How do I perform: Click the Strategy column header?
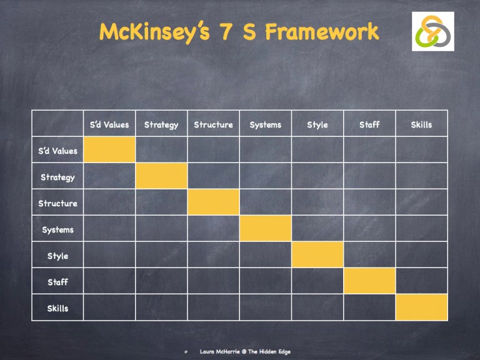(x=161, y=124)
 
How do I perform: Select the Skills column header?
(x=421, y=124)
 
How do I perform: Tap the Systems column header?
(x=265, y=124)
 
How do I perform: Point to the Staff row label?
(x=57, y=282)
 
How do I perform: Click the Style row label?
(x=57, y=256)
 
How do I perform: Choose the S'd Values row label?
(x=57, y=151)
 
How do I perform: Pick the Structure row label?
(x=57, y=203)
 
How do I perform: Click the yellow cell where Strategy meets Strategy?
(x=161, y=176)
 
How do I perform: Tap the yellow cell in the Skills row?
(x=421, y=307)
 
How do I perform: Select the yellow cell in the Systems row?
(x=265, y=229)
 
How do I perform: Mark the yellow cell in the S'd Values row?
(x=109, y=150)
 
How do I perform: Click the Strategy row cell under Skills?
(x=421, y=176)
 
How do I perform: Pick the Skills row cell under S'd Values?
(x=109, y=307)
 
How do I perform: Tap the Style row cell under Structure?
(x=213, y=255)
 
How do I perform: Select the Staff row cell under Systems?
(x=265, y=281)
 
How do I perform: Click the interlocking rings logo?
(x=432, y=31)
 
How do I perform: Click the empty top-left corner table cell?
(x=57, y=124)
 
